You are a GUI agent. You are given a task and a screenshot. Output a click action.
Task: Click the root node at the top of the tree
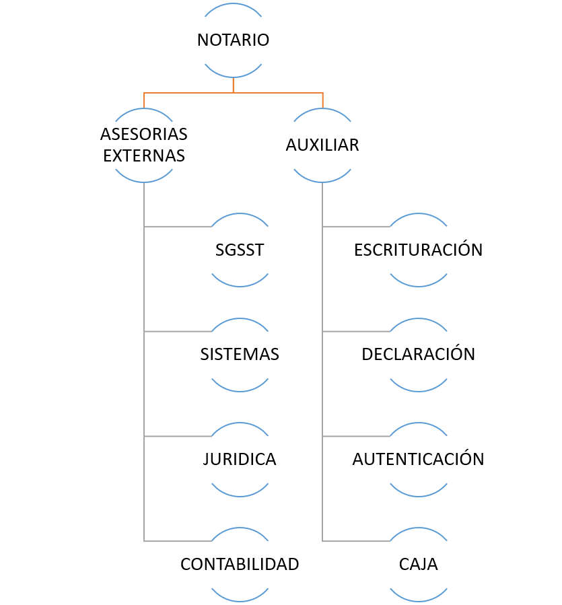tap(233, 40)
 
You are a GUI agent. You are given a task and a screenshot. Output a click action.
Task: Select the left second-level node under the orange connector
tap(144, 145)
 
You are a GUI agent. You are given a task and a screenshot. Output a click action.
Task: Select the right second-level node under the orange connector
tap(322, 145)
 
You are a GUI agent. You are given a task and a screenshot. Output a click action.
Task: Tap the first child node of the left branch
tap(240, 250)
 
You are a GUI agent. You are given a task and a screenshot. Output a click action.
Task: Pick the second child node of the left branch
tap(240, 355)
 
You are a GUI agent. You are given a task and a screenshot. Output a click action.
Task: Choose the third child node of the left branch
tap(240, 460)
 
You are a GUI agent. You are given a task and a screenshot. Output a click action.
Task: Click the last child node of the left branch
tap(240, 565)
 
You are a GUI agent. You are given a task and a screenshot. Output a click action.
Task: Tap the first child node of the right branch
tap(419, 250)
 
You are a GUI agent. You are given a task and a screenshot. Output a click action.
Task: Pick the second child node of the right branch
tap(419, 355)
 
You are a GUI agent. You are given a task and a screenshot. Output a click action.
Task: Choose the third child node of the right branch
tap(419, 460)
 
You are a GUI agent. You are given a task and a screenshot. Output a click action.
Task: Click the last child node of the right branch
tap(419, 565)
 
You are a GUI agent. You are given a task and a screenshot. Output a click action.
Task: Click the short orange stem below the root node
tap(233, 85)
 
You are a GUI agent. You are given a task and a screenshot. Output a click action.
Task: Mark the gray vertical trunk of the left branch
tap(144, 384)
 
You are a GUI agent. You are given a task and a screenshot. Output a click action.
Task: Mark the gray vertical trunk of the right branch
tap(322, 384)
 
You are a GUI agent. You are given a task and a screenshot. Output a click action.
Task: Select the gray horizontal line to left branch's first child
tap(178, 227)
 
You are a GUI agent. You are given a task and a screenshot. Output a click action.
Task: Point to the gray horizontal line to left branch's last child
tap(178, 541)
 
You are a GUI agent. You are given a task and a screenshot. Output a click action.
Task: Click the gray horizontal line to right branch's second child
tap(357, 332)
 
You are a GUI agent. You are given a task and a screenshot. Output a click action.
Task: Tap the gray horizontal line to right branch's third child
tap(357, 437)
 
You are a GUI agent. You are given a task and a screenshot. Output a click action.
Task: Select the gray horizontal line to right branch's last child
tap(357, 541)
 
